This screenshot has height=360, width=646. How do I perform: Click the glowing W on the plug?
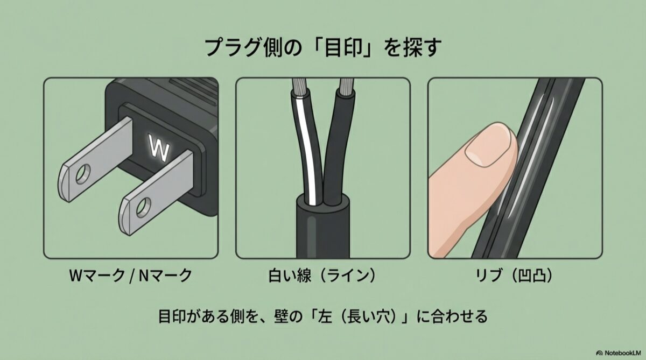(158, 147)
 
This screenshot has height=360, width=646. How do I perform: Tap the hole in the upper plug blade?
(83, 174)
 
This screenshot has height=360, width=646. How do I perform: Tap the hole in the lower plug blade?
(143, 208)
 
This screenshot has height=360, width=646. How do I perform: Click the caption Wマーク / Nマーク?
(131, 276)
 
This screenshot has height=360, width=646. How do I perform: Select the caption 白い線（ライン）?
(322, 276)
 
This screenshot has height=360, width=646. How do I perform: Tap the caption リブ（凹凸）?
(514, 276)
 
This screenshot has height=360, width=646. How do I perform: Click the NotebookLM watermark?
(619, 353)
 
